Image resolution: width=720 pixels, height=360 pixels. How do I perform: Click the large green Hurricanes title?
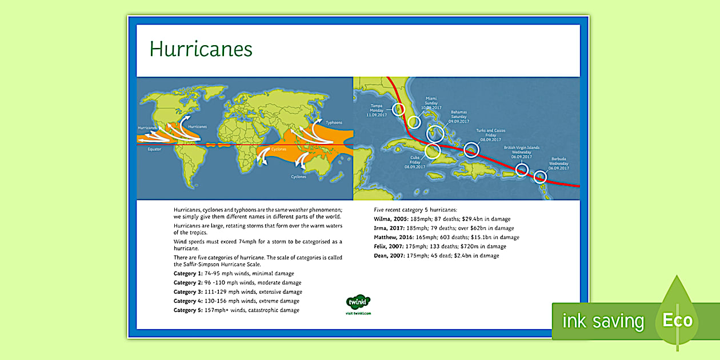pyautogui.click(x=201, y=49)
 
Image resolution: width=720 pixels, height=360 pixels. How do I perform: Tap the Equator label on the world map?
pyautogui.click(x=154, y=149)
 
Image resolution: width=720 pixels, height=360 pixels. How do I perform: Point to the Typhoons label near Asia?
pyautogui.click(x=334, y=122)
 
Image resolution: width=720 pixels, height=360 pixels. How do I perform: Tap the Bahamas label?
pyautogui.click(x=459, y=117)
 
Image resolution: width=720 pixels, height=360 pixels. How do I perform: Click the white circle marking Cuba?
pyautogui.click(x=433, y=151)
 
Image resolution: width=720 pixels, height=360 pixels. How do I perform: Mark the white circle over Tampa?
pyautogui.click(x=398, y=109)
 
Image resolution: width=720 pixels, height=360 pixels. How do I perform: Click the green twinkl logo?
pyautogui.click(x=358, y=302)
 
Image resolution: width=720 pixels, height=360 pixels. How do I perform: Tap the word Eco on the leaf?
pyautogui.click(x=677, y=319)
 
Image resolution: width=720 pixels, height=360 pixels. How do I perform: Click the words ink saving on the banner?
pyautogui.click(x=603, y=321)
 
